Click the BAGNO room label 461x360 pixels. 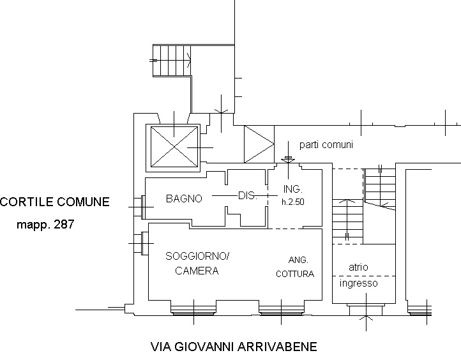pyautogui.click(x=184, y=199)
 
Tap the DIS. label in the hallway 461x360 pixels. pyautogui.click(x=248, y=195)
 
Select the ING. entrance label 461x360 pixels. pyautogui.click(x=293, y=189)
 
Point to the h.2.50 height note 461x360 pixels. pyautogui.click(x=293, y=202)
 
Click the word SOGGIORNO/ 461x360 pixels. pyautogui.click(x=197, y=256)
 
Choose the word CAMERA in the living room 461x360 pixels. pyautogui.click(x=197, y=271)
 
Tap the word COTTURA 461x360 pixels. pyautogui.click(x=295, y=274)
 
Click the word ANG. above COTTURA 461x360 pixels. pyautogui.click(x=298, y=260)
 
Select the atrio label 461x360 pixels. pyautogui.click(x=358, y=267)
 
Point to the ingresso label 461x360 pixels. pyautogui.click(x=358, y=283)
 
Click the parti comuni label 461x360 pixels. pyautogui.click(x=326, y=145)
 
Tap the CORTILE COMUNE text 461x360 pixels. pyautogui.click(x=55, y=202)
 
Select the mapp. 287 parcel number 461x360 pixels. pyautogui.click(x=45, y=225)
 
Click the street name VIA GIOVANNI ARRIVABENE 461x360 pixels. pyautogui.click(x=234, y=347)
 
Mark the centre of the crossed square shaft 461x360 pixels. pyautogui.click(x=174, y=146)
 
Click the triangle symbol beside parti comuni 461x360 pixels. pyautogui.click(x=259, y=144)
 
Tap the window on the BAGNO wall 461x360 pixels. pyautogui.click(x=143, y=207)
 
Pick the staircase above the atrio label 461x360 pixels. pyautogui.click(x=364, y=206)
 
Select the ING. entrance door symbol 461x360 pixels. pyautogui.click(x=288, y=160)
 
